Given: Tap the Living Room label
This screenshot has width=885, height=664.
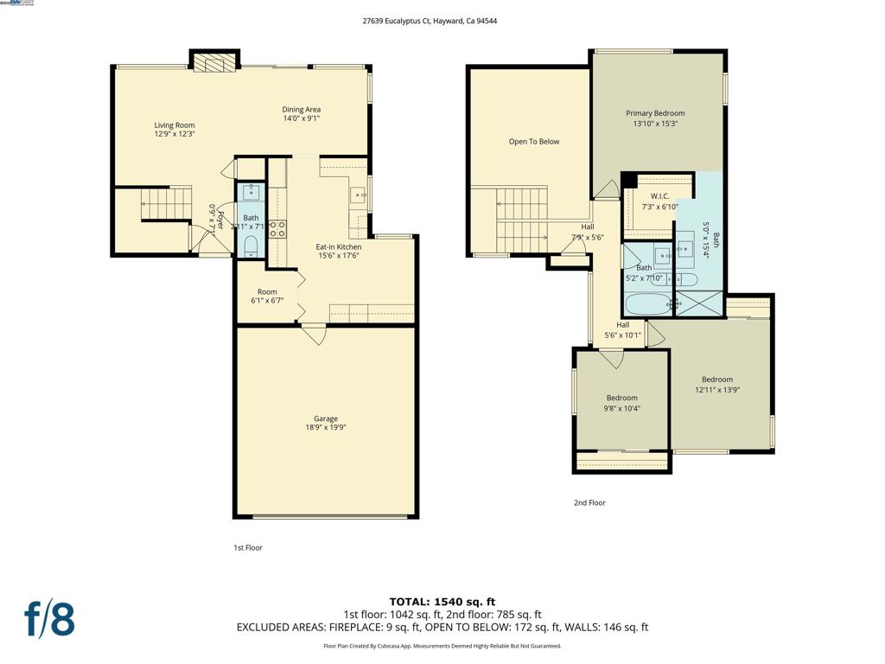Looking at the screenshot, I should pos(175,125).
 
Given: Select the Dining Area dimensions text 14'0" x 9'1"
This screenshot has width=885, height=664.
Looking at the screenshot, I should pos(301,118).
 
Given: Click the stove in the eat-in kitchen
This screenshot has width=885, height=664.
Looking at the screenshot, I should pos(277,229).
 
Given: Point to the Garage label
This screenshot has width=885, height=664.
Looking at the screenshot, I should pos(325,418).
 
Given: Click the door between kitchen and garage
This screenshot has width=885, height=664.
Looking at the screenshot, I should pos(313,331).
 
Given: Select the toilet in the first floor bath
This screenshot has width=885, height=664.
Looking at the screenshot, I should pos(251,248).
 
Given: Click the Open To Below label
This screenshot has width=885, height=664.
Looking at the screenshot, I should pos(533,142).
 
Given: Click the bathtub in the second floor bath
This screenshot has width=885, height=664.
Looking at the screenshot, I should pos(647,304).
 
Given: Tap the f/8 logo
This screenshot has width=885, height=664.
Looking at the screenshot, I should pos(48,619).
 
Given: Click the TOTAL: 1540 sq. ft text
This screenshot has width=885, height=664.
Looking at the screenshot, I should pos(442,602).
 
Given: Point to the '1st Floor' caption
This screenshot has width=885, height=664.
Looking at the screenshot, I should pos(247,547).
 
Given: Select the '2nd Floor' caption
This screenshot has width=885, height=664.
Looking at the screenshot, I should pos(589,502).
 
